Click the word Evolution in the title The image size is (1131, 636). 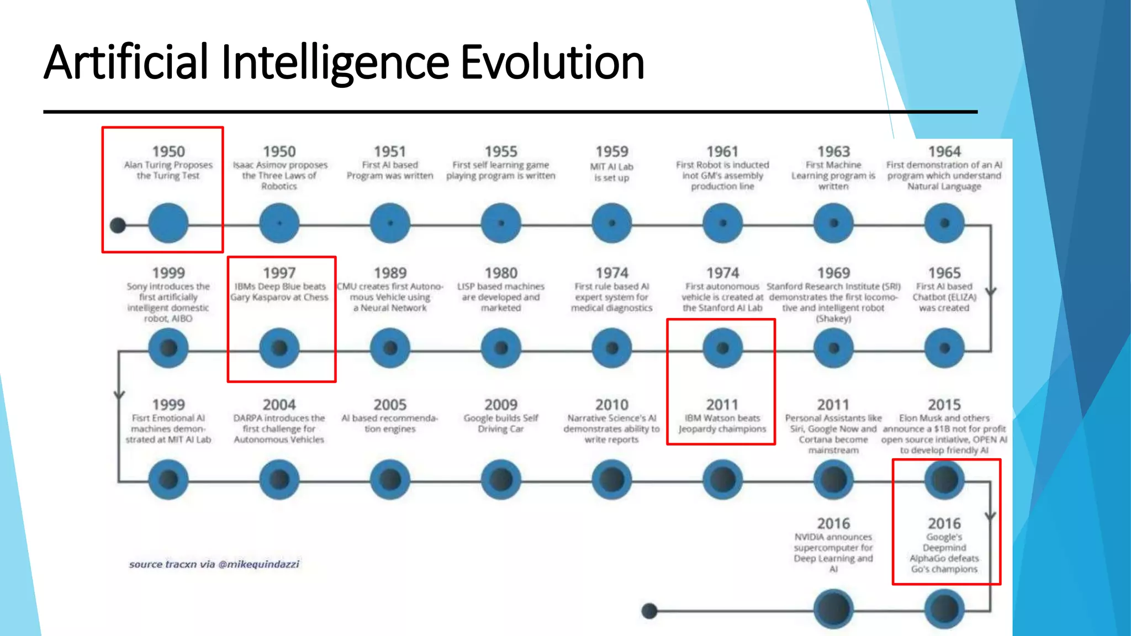(x=552, y=62)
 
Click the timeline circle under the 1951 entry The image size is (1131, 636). (x=390, y=223)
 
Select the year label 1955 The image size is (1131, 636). (x=501, y=151)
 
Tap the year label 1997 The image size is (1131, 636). (x=279, y=273)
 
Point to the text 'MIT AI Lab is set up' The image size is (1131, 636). (x=611, y=172)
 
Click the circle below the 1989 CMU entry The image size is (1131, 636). (x=390, y=348)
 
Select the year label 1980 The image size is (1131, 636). (x=501, y=273)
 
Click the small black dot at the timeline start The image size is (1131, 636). (x=118, y=225)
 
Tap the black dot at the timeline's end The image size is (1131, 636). (x=649, y=611)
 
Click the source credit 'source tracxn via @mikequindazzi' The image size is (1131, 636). (x=214, y=564)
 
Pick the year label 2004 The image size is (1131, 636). (x=279, y=405)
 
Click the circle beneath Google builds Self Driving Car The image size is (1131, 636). (x=501, y=479)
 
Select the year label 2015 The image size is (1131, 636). (x=944, y=405)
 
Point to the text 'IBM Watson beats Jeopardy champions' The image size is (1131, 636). (x=722, y=423)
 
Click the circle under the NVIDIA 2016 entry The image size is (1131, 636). (x=833, y=609)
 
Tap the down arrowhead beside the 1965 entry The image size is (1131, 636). (x=991, y=291)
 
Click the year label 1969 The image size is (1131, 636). (x=833, y=273)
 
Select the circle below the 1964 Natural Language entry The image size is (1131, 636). (x=944, y=223)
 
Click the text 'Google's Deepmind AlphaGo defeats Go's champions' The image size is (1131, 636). (x=944, y=553)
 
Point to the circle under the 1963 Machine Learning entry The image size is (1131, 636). (x=833, y=223)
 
